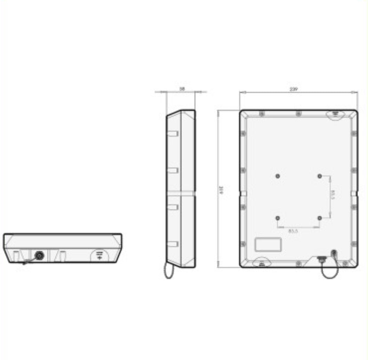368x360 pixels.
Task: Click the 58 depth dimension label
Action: point(182,89)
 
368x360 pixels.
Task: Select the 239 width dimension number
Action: point(293,89)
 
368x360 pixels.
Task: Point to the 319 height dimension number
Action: point(222,189)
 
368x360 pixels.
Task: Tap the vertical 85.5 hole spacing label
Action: point(333,195)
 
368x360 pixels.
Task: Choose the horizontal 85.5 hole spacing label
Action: point(298,230)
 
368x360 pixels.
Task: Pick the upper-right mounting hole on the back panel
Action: point(320,176)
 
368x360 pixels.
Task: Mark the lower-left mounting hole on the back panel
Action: point(277,218)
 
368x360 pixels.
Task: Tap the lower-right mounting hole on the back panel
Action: point(320,218)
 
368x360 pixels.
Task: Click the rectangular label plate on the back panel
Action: point(269,244)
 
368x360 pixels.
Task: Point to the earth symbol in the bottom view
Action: point(99,255)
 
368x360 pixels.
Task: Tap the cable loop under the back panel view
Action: point(329,272)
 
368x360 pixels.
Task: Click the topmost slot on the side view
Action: point(173,133)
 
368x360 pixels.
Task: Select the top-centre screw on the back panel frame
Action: point(298,114)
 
